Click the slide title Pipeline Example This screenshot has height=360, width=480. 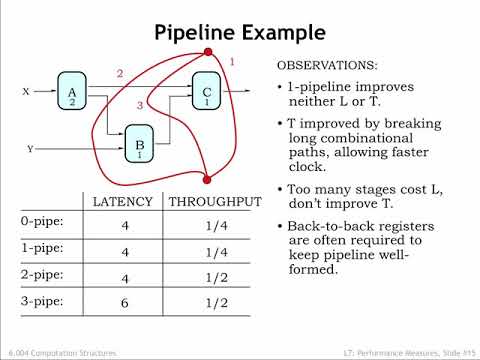point(240,33)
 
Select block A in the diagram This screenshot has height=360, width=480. point(71,90)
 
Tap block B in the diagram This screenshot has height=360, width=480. point(140,145)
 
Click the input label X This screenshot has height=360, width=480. point(27,91)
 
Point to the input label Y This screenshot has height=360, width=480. point(30,149)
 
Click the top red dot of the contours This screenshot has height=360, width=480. point(208,52)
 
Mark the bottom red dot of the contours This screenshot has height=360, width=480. point(208,179)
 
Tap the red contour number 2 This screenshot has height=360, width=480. point(119,73)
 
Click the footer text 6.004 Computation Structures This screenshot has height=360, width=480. point(62,353)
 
